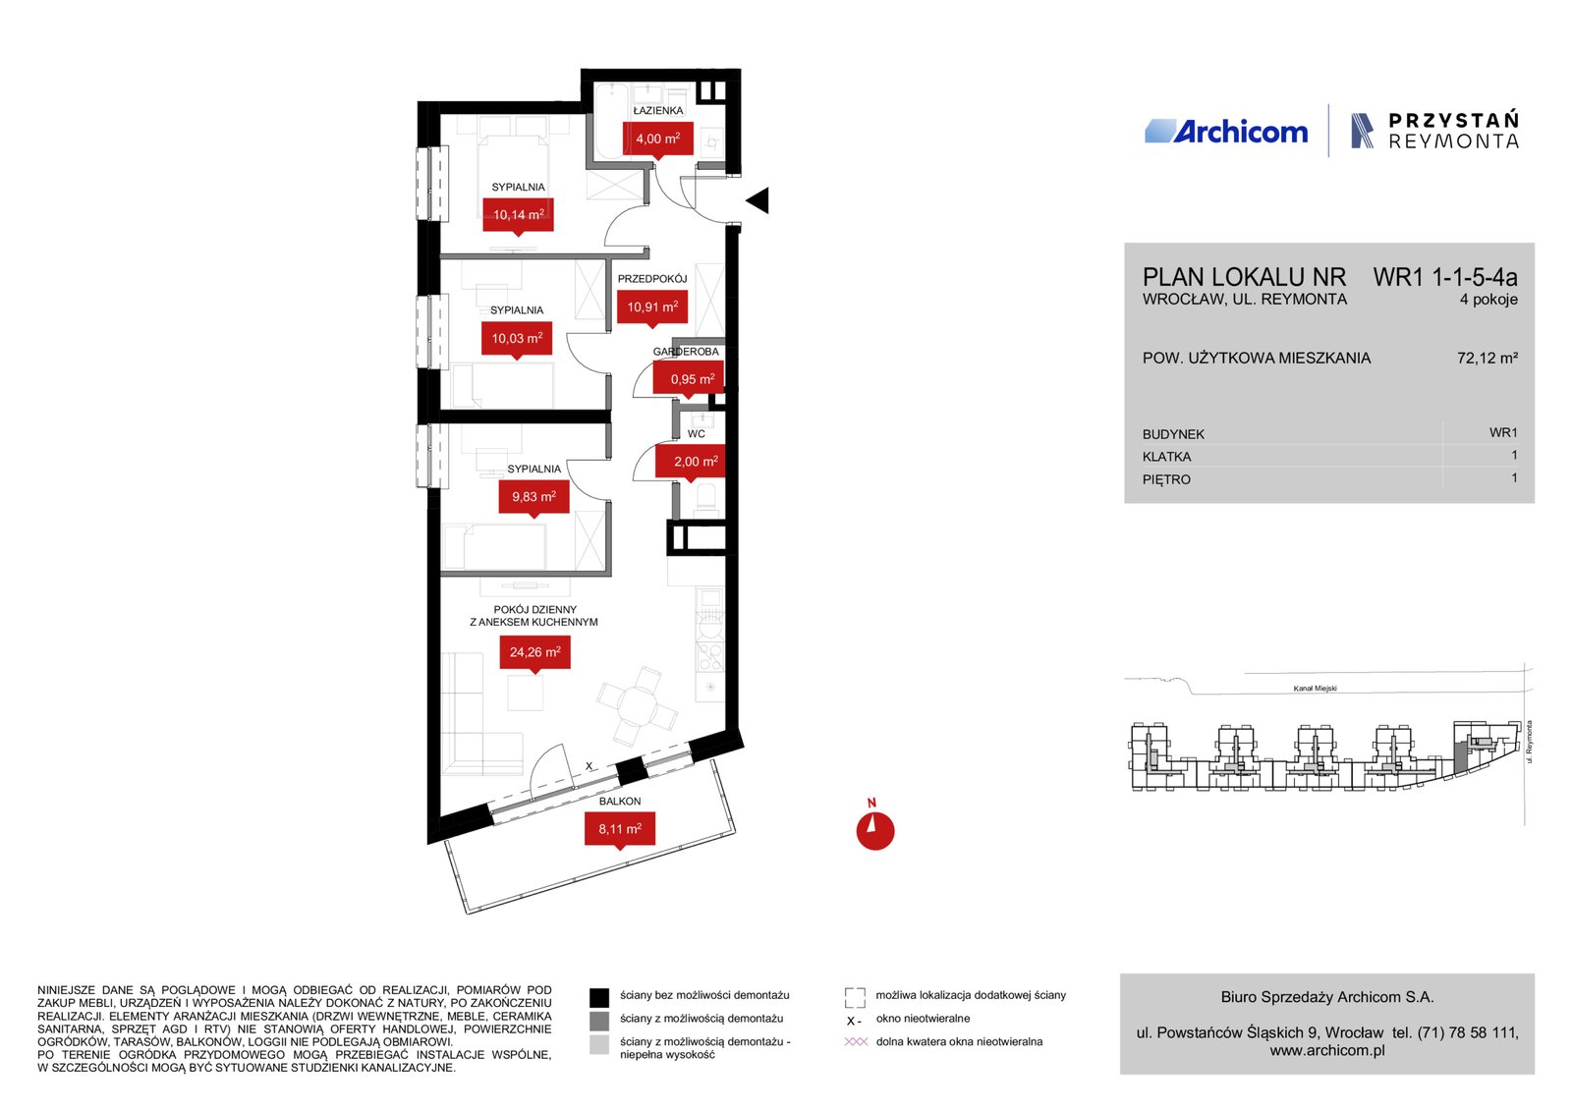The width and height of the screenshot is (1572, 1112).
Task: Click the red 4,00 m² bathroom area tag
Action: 657,139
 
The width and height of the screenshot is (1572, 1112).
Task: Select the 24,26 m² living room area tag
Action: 534,652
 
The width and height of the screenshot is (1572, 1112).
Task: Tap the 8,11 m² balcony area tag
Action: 620,829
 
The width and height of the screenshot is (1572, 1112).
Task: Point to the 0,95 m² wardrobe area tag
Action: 689,379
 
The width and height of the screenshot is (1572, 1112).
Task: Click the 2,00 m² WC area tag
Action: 691,462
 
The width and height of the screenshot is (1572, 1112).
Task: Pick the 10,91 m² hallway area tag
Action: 652,307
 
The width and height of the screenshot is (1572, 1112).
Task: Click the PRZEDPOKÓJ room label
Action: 652,279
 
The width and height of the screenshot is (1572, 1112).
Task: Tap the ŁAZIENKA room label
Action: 657,110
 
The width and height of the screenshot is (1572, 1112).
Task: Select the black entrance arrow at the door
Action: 758,200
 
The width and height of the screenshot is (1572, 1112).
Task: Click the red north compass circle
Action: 875,831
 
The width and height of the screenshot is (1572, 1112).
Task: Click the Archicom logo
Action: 1226,132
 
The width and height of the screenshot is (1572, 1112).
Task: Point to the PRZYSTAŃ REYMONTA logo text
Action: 1453,131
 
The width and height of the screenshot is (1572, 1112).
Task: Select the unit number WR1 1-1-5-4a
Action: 1445,277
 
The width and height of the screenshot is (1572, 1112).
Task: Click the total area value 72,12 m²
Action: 1488,358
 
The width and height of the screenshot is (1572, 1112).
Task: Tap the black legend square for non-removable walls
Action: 598,997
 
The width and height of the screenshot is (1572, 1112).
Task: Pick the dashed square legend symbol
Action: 855,997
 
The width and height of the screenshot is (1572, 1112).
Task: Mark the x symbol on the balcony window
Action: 589,766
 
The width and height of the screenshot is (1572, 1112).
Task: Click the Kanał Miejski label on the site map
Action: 1316,689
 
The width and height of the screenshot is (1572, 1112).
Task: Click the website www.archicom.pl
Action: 1327,1050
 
